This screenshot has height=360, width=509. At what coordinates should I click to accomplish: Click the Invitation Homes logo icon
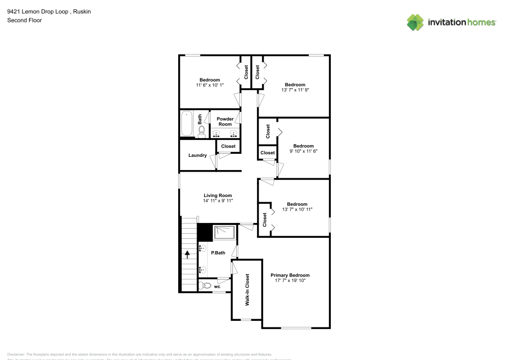coord(415,22)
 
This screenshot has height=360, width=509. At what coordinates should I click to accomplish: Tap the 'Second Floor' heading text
coord(24,20)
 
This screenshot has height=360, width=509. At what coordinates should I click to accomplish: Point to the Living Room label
coord(218,196)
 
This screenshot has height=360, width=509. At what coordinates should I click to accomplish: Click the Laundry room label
coord(197,155)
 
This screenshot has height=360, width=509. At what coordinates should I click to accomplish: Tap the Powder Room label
coord(225,122)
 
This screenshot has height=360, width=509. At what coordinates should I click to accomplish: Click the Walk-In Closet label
coord(247,290)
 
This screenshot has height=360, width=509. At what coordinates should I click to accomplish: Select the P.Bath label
coord(218,253)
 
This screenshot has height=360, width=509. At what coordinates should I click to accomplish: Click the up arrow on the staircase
coord(187,253)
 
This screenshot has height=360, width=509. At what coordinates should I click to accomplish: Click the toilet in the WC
coord(206,286)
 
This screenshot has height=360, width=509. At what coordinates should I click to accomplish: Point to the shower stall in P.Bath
coord(224,232)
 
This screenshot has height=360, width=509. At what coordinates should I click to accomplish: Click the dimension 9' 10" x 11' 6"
coord(303,151)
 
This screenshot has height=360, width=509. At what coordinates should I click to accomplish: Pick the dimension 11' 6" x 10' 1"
coord(210,85)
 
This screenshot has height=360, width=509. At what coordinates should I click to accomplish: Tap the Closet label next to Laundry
coord(229,147)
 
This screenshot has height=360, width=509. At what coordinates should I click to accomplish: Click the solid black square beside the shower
coord(205,232)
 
